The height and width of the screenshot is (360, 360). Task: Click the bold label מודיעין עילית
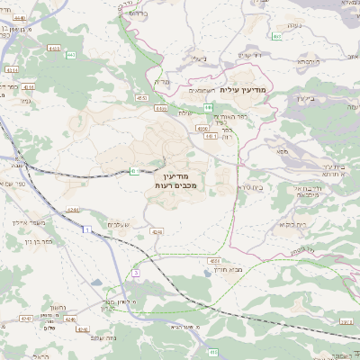click(x=242, y=88)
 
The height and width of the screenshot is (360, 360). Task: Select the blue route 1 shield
click(x=85, y=231)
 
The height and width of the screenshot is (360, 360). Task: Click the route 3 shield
click(x=136, y=271)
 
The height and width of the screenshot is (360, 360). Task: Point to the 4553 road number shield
click(x=141, y=96)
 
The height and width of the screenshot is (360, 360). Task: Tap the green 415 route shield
click(x=136, y=170)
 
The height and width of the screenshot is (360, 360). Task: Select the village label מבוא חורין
click(x=206, y=269)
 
